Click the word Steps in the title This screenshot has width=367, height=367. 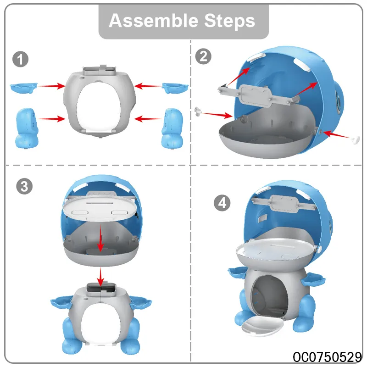click(x=230, y=21)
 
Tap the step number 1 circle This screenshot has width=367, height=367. click(x=20, y=59)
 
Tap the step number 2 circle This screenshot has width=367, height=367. click(x=203, y=56)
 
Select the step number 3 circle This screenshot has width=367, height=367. click(x=24, y=186)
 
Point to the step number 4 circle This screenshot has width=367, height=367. click(x=222, y=203)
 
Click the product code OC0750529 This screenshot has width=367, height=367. click(x=327, y=357)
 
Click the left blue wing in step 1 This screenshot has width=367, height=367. click(x=23, y=88)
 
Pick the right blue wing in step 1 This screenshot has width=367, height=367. click(x=175, y=88)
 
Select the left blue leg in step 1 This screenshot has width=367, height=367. click(x=27, y=128)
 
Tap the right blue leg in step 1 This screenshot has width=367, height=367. click(x=172, y=128)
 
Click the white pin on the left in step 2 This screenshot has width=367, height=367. click(x=198, y=111)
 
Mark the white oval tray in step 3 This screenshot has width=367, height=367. click(x=100, y=208)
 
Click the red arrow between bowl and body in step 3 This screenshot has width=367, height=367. click(x=100, y=277)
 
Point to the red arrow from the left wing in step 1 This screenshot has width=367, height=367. click(x=52, y=86)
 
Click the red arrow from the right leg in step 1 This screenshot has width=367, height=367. click(x=148, y=119)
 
